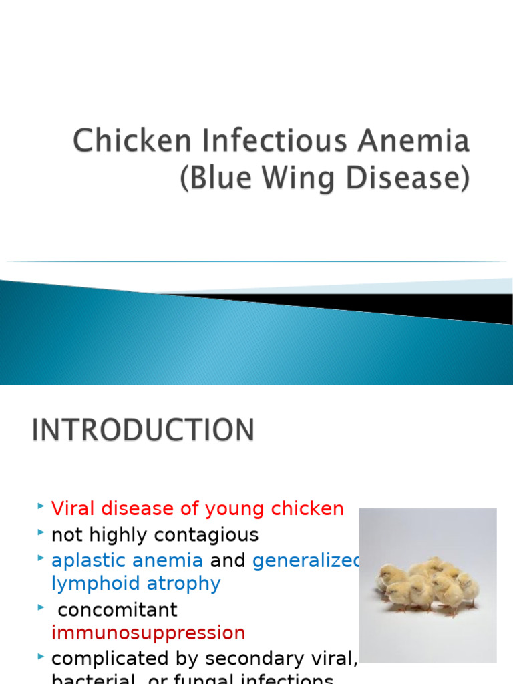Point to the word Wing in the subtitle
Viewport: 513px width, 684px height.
coord(278,180)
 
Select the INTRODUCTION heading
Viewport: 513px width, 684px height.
coord(143,430)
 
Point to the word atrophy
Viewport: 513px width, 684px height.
coord(181,584)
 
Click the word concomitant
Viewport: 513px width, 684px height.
coord(118,610)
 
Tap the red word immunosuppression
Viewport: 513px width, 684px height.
coord(148,633)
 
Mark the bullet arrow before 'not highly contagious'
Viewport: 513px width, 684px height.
coord(41,532)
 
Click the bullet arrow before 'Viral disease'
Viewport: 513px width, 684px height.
coord(41,506)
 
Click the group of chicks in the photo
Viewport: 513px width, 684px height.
coord(428,584)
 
